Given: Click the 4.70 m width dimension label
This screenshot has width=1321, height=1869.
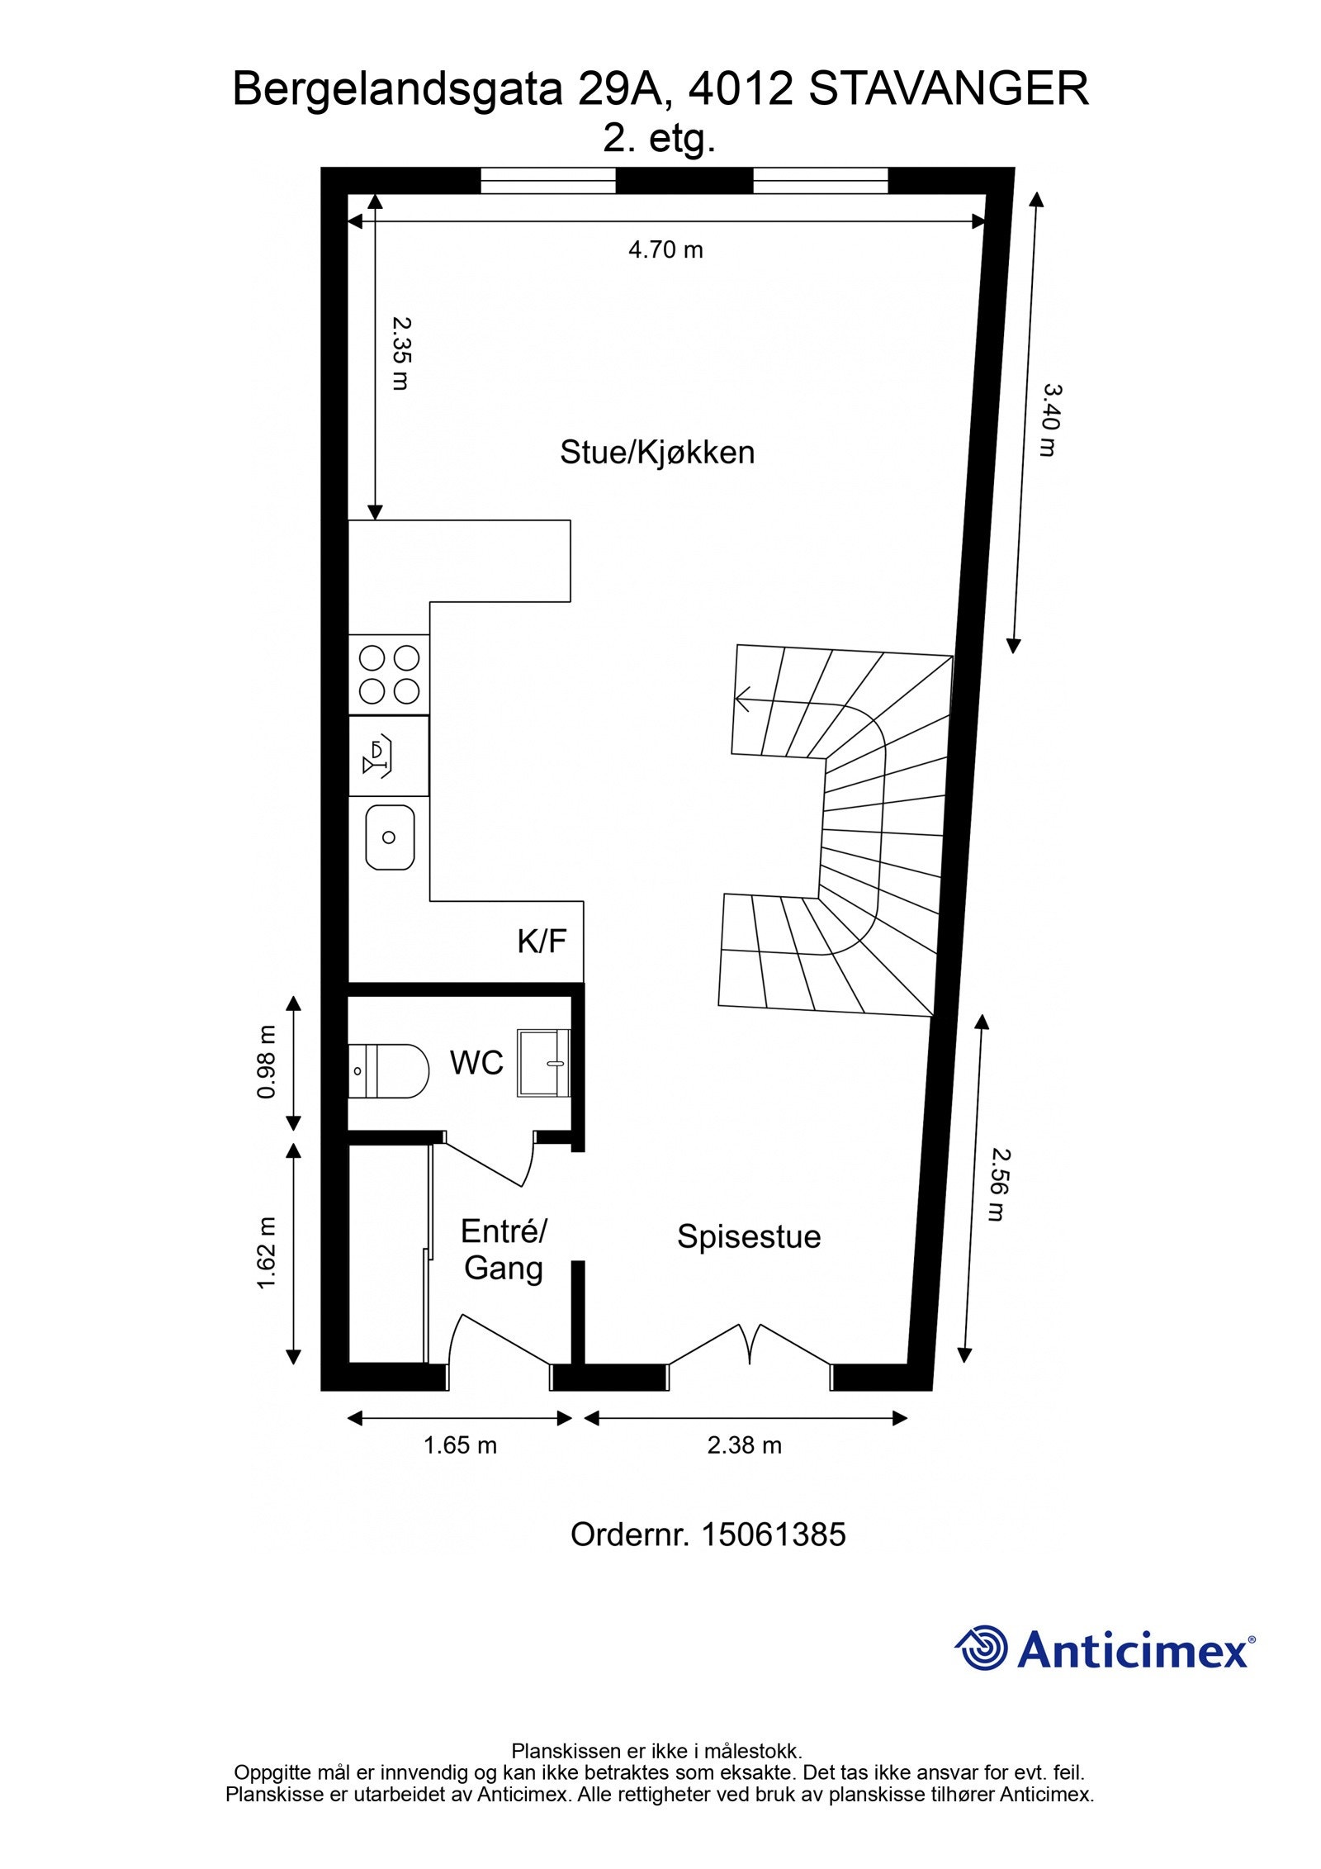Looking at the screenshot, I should click(665, 249).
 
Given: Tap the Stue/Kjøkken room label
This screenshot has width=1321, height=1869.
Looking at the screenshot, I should click(657, 453).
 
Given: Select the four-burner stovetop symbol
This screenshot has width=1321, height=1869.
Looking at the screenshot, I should click(389, 674).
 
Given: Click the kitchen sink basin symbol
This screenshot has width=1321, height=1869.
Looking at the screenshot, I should click(389, 837).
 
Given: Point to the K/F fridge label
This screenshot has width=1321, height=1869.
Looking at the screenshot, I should click(542, 942).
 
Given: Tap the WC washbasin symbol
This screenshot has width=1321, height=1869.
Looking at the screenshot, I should click(543, 1063).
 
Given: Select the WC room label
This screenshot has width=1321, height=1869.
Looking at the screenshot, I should click(476, 1063).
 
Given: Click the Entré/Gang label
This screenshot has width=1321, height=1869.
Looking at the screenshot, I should click(504, 1250).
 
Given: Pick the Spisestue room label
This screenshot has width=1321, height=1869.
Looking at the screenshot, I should click(749, 1237).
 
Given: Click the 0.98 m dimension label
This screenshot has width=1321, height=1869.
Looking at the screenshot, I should click(267, 1062).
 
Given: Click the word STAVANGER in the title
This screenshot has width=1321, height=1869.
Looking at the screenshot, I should click(948, 89).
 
